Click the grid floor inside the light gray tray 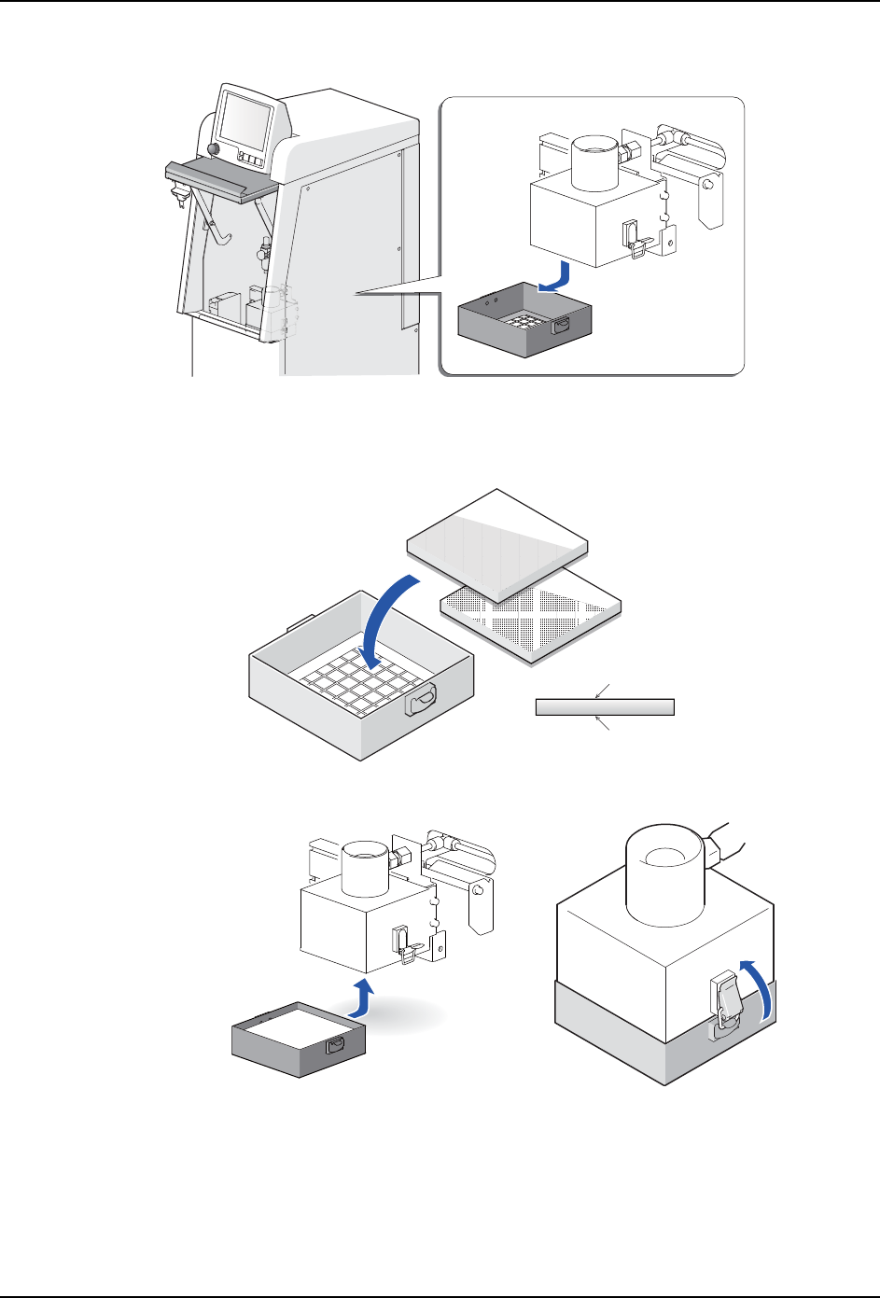coord(355,686)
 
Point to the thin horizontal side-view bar coord(605,706)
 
